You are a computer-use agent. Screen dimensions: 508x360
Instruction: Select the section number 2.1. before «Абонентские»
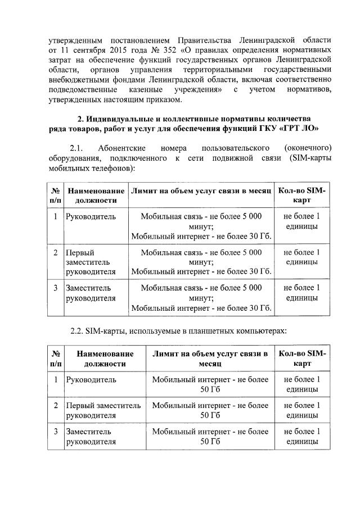76,148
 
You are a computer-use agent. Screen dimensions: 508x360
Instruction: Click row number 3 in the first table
56,288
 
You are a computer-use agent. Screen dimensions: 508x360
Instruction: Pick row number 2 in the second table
56,405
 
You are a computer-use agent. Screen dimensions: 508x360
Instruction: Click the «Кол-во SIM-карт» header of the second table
302,359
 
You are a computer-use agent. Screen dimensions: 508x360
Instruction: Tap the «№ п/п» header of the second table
56,359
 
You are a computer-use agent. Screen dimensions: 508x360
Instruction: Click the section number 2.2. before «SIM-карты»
79,331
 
